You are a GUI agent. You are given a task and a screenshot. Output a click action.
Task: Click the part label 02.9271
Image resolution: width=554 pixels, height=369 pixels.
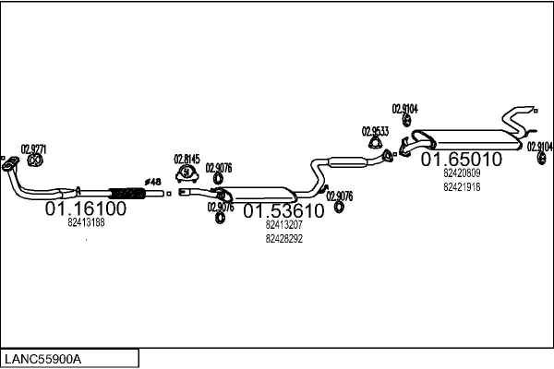[x=33, y=149]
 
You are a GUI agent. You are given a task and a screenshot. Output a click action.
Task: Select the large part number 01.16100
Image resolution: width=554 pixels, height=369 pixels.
[x=86, y=209]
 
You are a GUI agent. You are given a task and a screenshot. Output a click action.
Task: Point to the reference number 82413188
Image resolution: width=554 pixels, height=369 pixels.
[x=86, y=222]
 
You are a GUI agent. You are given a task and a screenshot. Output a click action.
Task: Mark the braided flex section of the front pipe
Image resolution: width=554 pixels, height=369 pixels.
[x=129, y=192]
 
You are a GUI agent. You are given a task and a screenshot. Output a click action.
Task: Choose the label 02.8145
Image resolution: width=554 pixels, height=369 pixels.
[x=187, y=158]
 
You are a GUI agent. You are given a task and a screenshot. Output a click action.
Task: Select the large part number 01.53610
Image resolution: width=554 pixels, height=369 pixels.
[x=284, y=211]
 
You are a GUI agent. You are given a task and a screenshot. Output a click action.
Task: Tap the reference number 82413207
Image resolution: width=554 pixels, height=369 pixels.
[x=283, y=224]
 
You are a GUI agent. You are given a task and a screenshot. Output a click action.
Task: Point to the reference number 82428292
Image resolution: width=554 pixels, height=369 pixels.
[x=283, y=238]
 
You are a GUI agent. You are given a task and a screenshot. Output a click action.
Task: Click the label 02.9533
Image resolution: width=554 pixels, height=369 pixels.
[x=375, y=130]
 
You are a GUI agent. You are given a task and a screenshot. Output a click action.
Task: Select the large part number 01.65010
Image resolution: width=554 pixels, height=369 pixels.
[x=462, y=160]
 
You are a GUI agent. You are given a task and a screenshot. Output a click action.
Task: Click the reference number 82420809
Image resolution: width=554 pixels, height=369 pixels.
[x=462, y=173]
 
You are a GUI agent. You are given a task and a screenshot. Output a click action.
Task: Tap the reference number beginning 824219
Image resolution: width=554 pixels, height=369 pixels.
[x=462, y=187]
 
